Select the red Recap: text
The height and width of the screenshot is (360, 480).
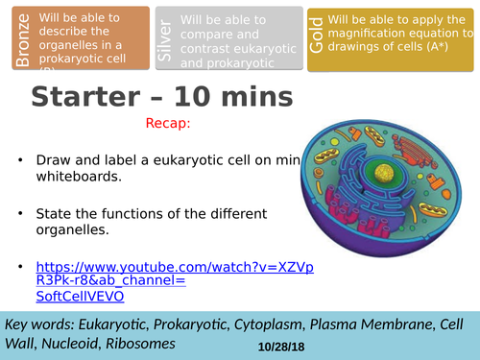(x=169, y=124)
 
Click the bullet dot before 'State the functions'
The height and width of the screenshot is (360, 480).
(x=20, y=213)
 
